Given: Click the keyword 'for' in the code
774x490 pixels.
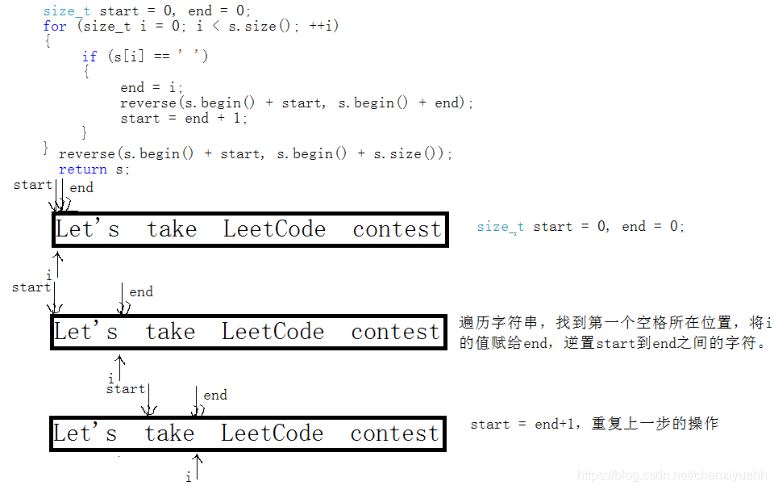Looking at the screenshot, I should tap(55, 26).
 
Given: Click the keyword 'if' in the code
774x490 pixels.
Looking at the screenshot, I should tap(89, 57).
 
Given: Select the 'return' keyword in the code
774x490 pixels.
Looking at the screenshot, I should tap(82, 170).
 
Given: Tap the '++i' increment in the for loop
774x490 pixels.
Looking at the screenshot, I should tap(324, 26).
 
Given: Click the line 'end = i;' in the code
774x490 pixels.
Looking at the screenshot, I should tap(152, 87).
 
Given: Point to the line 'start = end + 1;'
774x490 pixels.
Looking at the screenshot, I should tap(184, 119).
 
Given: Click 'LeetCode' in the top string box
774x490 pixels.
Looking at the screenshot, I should tap(274, 229).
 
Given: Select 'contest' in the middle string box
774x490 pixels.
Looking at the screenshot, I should tap(395, 332).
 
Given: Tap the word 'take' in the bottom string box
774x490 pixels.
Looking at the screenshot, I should tap(170, 433).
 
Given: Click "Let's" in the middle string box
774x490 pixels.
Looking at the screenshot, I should tap(85, 332).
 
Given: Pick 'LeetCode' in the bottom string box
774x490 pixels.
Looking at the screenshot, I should tap(272, 433).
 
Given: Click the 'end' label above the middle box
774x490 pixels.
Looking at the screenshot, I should tap(141, 292).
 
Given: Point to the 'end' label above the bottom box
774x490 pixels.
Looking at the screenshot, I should tap(215, 395).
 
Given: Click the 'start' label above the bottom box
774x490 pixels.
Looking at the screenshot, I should tap(126, 389).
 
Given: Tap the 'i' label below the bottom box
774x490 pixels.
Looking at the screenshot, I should tap(189, 478).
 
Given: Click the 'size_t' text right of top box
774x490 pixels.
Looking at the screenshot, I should tap(500, 227).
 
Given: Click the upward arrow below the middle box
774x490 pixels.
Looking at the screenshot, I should tap(121, 366).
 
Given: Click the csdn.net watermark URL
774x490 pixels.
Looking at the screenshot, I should tap(673, 477).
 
